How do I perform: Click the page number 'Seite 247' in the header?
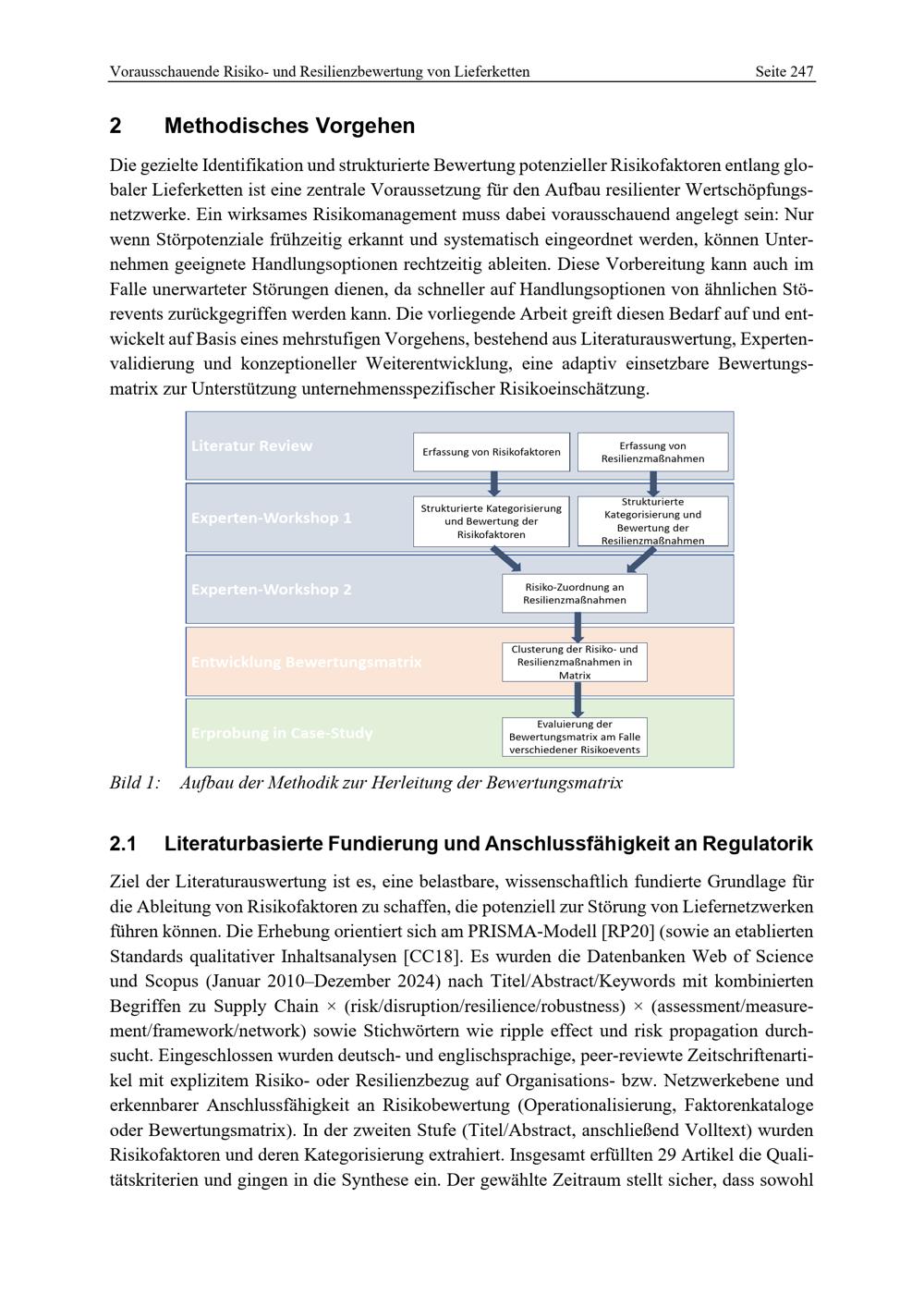[784, 71]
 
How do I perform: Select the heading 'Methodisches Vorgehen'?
[289, 126]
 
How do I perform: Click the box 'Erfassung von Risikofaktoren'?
[491, 452]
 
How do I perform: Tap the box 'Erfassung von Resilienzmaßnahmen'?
[652, 452]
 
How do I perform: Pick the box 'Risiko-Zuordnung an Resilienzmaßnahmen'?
[574, 593]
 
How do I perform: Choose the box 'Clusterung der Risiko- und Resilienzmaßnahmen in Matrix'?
[574, 662]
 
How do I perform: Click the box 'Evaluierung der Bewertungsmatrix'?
[574, 737]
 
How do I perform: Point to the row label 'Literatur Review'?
[251, 446]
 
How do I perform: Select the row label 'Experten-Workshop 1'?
[271, 518]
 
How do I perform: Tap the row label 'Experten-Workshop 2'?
[271, 589]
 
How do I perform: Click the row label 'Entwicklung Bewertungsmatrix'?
[306, 662]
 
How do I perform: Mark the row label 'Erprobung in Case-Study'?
[282, 733]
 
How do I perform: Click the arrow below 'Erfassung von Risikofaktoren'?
[493, 483]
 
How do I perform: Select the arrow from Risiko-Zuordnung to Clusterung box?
[577, 628]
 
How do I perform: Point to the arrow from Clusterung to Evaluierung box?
[577, 700]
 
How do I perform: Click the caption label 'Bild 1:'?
[134, 783]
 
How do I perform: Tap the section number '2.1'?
[123, 844]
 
